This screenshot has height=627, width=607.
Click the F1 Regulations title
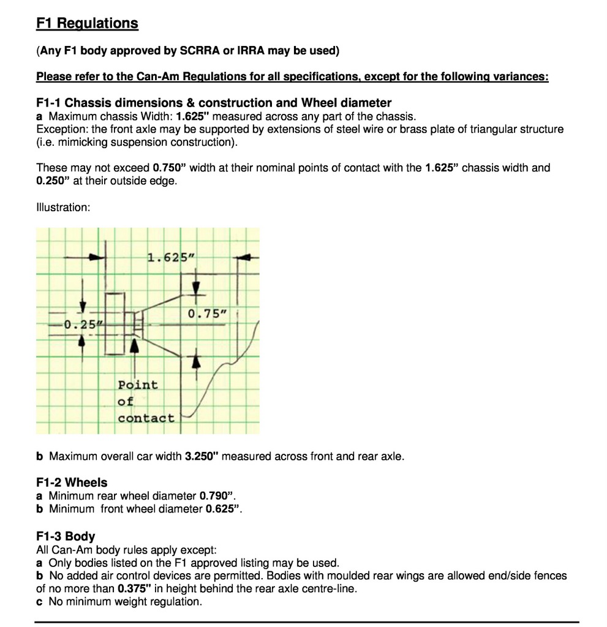coord(87,23)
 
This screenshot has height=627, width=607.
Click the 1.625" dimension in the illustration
coord(170,257)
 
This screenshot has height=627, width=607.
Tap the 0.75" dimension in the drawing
coord(207,314)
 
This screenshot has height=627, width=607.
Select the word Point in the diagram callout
coord(138,385)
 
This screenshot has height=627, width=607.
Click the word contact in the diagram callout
coord(146,418)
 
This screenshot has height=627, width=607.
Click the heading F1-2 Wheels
coord(72,482)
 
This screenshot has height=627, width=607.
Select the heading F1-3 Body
coord(66,536)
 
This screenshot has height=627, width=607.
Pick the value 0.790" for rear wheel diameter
coord(217,495)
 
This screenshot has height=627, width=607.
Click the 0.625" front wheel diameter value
coord(223,509)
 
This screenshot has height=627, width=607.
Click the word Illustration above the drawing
coord(63,208)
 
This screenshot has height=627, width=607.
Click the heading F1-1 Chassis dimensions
coord(214,102)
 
